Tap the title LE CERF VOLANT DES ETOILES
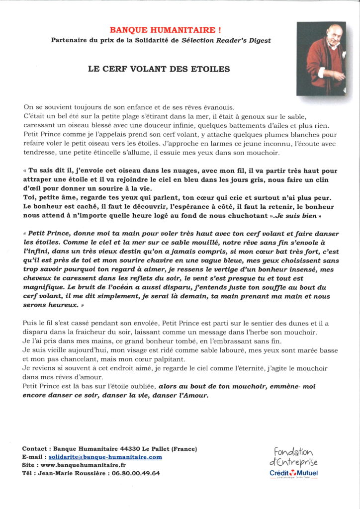159,70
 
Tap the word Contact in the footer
35,449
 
